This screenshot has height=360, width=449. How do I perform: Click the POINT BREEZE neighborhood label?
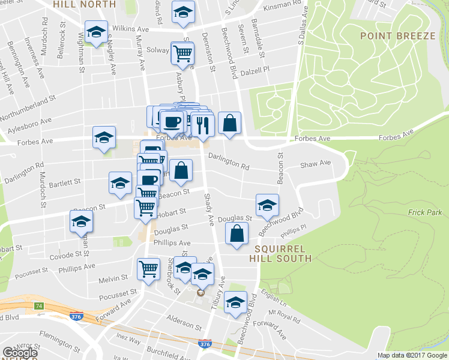[x=398, y=36]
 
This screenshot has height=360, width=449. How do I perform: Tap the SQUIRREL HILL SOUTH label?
[x=282, y=253]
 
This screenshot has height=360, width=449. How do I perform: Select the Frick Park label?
[x=424, y=212]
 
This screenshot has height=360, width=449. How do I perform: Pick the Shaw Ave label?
[x=316, y=163]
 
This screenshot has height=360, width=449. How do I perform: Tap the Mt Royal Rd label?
[x=284, y=313]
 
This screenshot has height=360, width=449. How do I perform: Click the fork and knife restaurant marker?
[x=202, y=124]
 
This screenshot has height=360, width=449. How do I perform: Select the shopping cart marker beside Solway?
[x=182, y=53]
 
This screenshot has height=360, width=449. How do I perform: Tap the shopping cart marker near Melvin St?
[x=148, y=269]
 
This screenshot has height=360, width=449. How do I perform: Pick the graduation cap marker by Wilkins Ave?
[x=95, y=32]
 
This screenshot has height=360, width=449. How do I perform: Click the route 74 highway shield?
[x=39, y=306]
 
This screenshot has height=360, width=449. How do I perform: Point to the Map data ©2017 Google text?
[x=412, y=355]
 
